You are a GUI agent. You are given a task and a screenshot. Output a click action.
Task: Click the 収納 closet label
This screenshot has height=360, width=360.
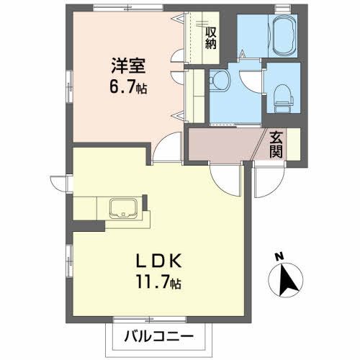coord(210,37)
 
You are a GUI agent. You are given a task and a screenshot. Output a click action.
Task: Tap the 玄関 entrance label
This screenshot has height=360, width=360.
coord(276,144)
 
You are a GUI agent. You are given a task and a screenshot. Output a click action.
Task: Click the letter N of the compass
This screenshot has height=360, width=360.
coord(279,256)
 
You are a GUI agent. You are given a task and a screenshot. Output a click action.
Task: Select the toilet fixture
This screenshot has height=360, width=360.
coord(282,94)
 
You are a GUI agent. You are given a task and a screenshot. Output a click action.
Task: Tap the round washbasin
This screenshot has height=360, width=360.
coord(217,81)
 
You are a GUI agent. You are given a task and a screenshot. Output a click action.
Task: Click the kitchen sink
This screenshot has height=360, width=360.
coord(124,210)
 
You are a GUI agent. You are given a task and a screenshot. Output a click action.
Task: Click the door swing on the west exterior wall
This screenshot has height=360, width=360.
coord(60,184)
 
